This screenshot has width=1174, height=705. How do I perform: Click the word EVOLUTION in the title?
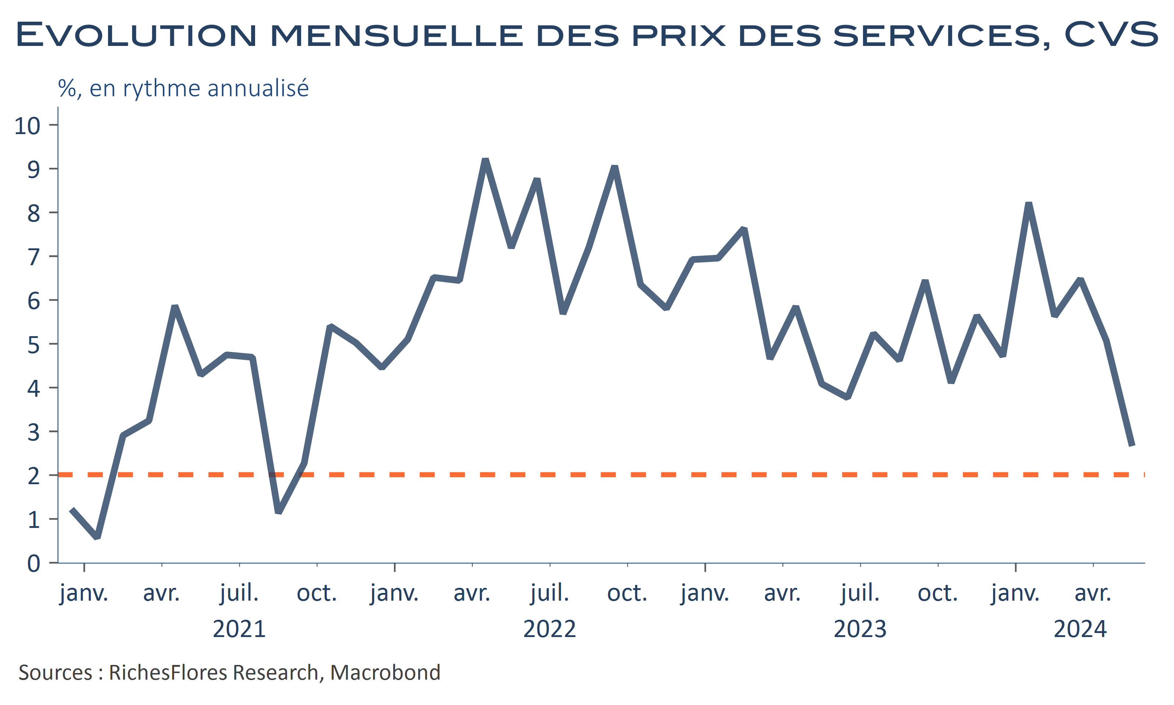click(136, 35)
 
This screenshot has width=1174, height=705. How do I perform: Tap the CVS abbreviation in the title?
click(1111, 35)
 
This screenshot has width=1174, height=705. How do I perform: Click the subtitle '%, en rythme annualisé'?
click(183, 89)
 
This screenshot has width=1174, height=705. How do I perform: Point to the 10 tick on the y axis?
click(28, 126)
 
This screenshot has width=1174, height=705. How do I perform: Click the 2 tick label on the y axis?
click(33, 475)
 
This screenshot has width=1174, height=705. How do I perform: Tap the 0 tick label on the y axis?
click(33, 564)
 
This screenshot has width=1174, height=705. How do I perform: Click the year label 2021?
click(239, 629)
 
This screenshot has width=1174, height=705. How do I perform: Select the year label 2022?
click(550, 629)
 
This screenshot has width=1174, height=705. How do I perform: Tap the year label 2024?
click(1080, 629)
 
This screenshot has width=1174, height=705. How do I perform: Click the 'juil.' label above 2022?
click(550, 593)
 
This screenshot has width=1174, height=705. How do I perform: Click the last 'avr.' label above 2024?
click(1093, 593)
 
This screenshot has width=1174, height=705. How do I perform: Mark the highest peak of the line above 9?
click(485, 160)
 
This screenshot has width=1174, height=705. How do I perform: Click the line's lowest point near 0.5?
click(97, 537)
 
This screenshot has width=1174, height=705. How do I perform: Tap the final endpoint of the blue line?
click(1132, 445)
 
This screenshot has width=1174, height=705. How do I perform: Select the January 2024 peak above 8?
click(1028, 204)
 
